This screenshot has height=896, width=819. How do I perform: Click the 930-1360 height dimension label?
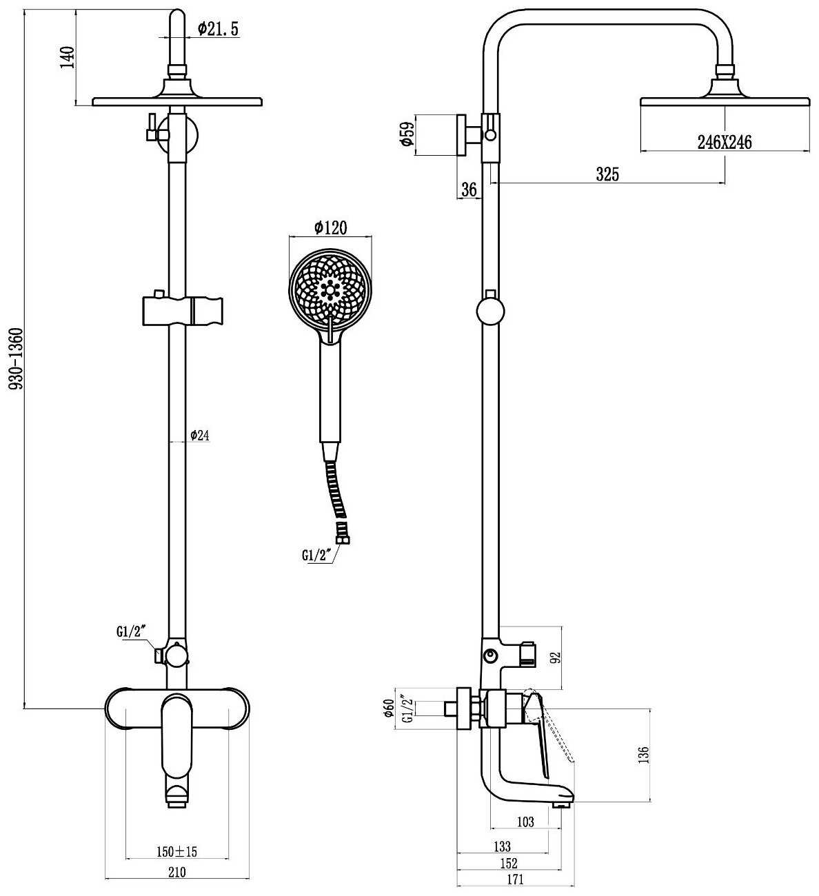(16, 358)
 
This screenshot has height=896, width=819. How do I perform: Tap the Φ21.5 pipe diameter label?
(218, 29)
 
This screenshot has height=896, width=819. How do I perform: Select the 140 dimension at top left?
(67, 57)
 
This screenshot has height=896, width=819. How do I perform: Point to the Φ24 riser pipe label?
(200, 435)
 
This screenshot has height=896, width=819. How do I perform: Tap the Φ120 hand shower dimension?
(330, 228)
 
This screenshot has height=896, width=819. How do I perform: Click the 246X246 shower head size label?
(725, 143)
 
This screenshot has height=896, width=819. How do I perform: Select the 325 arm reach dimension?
(607, 174)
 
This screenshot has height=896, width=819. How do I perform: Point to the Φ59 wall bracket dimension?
(406, 134)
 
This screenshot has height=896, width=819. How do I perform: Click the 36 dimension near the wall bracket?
(469, 190)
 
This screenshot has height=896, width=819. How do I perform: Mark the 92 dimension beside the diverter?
(555, 658)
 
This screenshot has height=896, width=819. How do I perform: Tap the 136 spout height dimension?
(643, 755)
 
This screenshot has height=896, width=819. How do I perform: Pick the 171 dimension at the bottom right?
(515, 880)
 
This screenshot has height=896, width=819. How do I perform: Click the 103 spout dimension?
(525, 822)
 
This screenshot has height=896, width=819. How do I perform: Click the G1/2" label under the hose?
(316, 556)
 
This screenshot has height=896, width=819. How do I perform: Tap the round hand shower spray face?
(330, 290)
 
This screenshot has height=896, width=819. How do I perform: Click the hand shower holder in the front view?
(183, 309)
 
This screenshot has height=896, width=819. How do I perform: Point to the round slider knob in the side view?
(490, 311)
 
